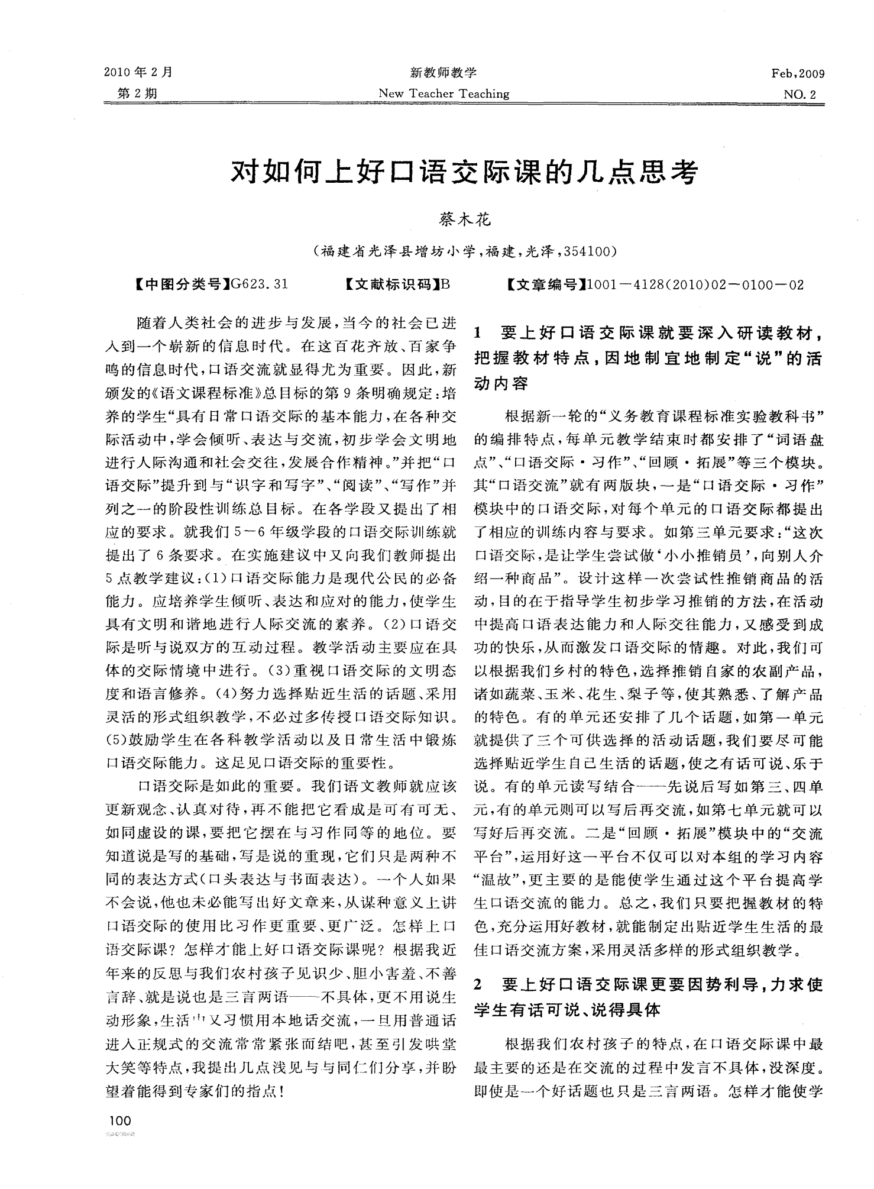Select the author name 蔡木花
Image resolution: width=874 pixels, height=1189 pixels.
pyautogui.click(x=464, y=220)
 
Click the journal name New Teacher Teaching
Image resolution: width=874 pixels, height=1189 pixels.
pyautogui.click(x=444, y=93)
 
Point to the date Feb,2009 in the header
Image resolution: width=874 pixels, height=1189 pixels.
pyautogui.click(x=798, y=74)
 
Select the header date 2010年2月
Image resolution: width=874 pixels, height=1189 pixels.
pyautogui.click(x=138, y=73)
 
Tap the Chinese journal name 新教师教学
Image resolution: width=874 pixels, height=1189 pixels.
pyautogui.click(x=443, y=73)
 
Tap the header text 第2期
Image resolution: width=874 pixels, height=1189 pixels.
pyautogui.click(x=137, y=93)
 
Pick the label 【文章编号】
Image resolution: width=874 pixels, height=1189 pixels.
pyautogui.click(x=546, y=285)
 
